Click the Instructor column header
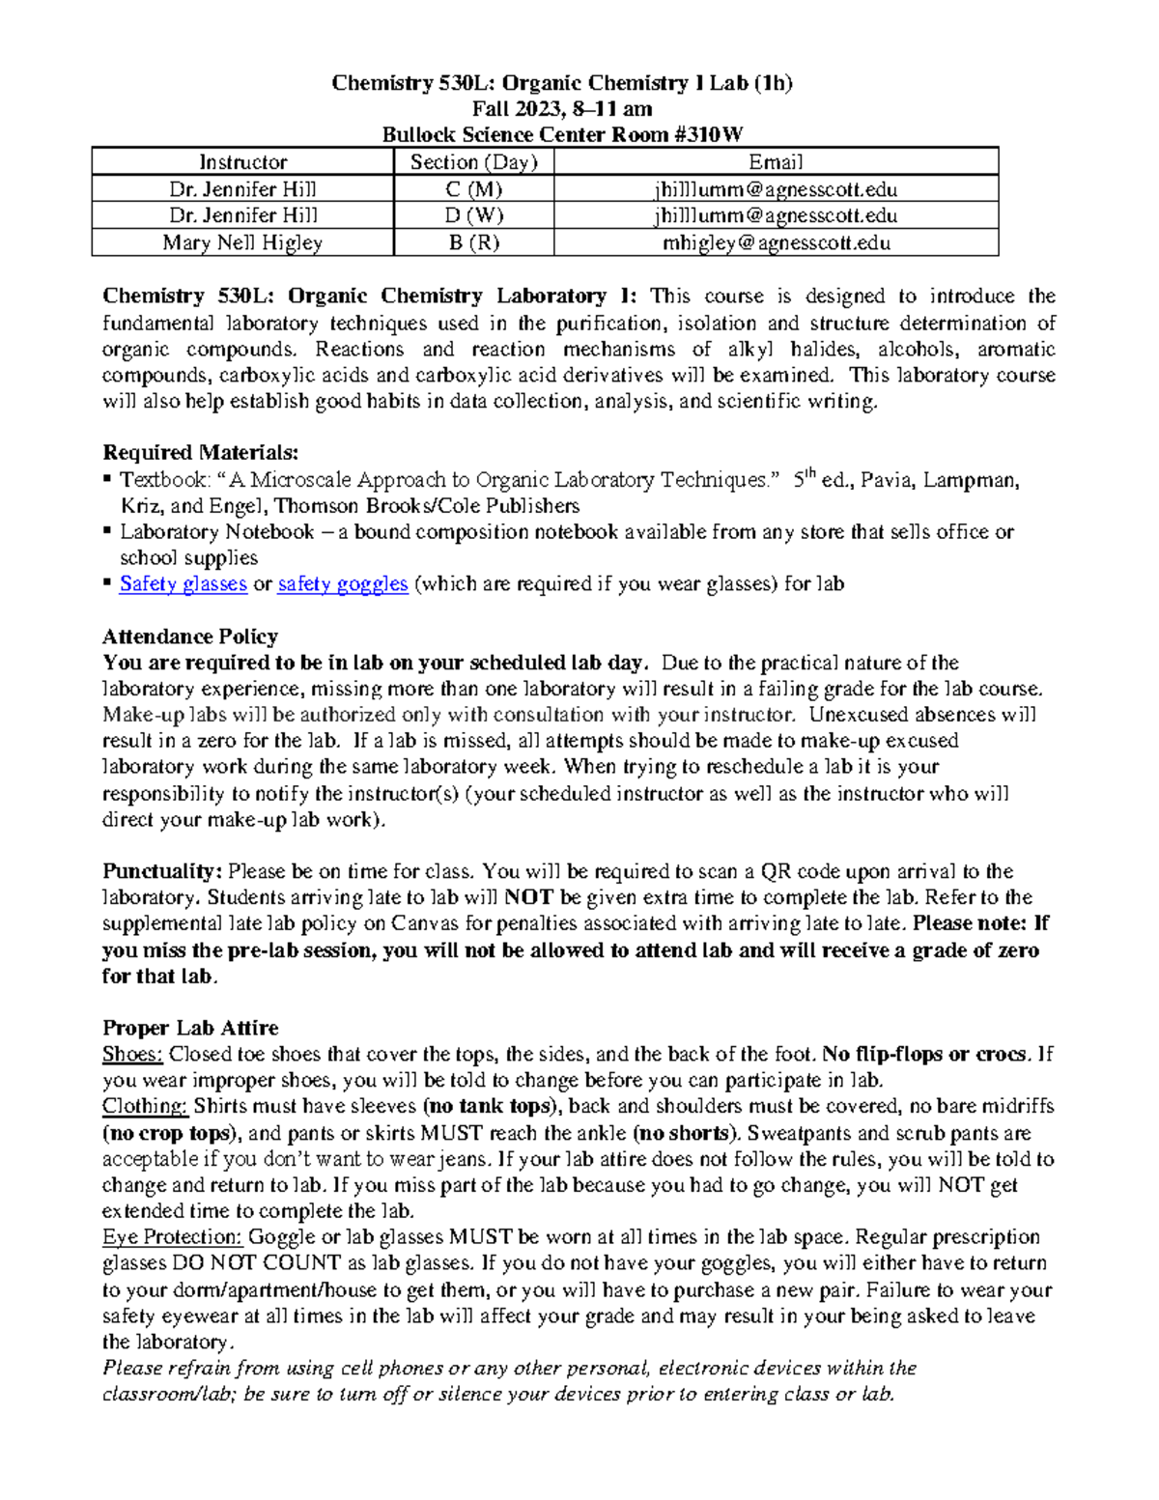click(x=242, y=162)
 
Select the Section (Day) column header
click(x=473, y=162)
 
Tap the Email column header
click(x=776, y=162)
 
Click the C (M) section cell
click(x=473, y=189)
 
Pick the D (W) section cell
click(x=473, y=215)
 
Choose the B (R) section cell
click(x=473, y=242)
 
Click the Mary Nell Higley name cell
click(x=242, y=242)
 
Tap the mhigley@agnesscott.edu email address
click(x=776, y=242)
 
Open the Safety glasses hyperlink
click(x=183, y=584)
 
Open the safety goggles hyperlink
click(x=342, y=584)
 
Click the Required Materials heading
click(x=200, y=453)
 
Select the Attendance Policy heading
click(x=190, y=637)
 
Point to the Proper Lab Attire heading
click(x=190, y=1028)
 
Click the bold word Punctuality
click(x=162, y=871)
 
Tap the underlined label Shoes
click(x=132, y=1055)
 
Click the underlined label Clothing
click(x=145, y=1107)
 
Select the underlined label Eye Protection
click(x=172, y=1237)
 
